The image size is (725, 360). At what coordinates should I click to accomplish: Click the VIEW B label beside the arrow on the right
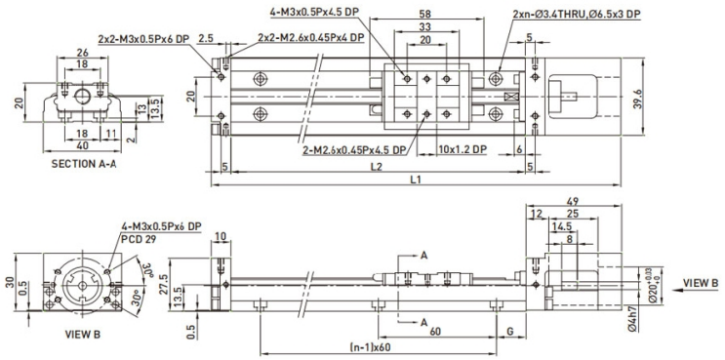click(700, 282)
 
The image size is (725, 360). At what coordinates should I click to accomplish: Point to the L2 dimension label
click(376, 168)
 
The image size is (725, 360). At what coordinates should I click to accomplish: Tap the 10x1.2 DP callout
click(463, 150)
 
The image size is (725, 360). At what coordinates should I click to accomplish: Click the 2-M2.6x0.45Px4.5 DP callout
click(342, 150)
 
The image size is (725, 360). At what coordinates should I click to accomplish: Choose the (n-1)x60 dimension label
click(366, 347)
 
